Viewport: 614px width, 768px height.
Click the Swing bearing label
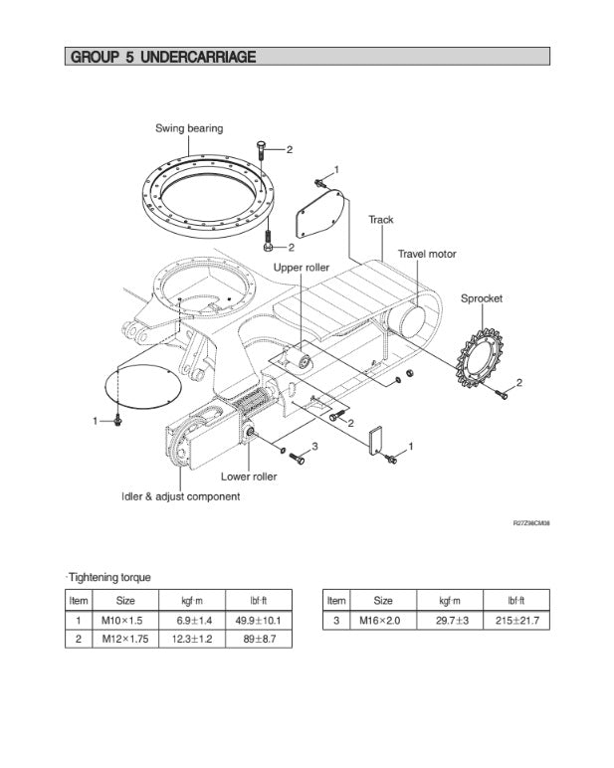pos(189,128)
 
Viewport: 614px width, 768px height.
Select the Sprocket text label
pos(481,298)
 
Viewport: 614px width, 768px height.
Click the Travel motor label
pos(427,255)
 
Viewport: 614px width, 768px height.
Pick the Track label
pos(381,220)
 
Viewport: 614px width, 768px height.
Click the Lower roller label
pos(249,477)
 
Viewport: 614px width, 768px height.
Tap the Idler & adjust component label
pos(180,496)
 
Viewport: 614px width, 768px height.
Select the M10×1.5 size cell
pos(124,620)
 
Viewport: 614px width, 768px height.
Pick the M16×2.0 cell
pos(382,620)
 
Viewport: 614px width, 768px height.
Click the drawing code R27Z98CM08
pos(531,522)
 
